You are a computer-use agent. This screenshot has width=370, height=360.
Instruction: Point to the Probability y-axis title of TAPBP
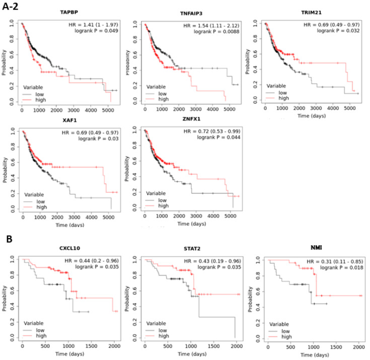(x=5, y=62)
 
